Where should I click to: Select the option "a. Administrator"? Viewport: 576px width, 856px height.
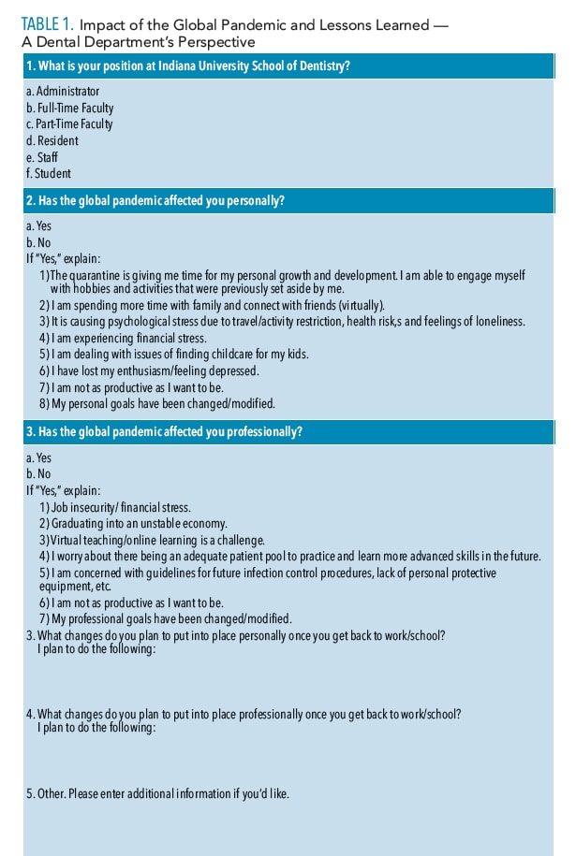pos(62,92)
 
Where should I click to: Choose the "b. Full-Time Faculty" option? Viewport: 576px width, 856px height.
pos(69,109)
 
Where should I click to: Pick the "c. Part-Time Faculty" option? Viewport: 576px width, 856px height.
pos(69,124)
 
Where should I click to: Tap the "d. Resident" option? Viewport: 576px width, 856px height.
pos(52,141)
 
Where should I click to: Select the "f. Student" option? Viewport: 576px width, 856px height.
pos(49,173)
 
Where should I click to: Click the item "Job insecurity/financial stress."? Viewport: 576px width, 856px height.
pos(122,506)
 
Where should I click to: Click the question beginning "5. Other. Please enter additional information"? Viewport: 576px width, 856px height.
pos(157,793)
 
